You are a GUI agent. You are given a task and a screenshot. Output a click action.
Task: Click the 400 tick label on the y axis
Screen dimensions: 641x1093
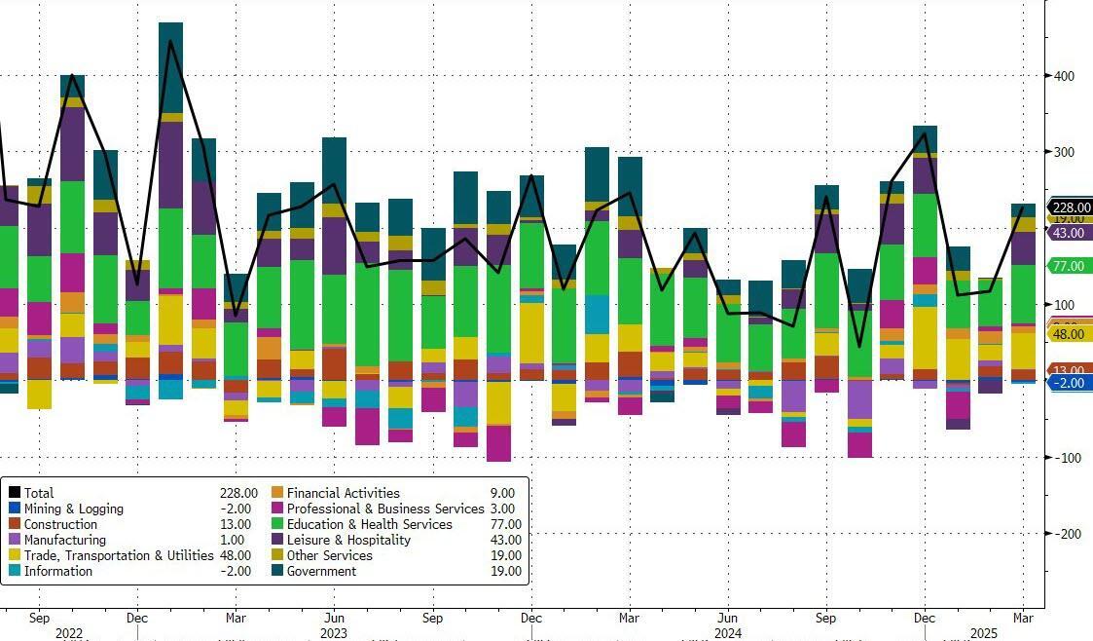1064,75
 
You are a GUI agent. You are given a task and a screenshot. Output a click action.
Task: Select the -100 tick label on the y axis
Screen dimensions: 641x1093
1064,457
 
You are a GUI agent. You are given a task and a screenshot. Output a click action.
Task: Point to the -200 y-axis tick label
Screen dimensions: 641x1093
1064,533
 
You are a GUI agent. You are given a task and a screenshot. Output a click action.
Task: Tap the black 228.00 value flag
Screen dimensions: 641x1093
1070,207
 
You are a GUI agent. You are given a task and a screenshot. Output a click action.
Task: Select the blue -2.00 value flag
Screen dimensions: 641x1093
1070,383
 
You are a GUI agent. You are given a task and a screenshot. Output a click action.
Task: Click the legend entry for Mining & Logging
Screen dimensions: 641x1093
74,509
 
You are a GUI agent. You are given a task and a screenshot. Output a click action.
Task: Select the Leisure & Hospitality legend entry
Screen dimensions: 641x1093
347,540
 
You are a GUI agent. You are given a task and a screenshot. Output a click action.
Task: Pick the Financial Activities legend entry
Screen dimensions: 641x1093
343,493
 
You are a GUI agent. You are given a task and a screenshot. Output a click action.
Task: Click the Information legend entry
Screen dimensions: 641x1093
58,571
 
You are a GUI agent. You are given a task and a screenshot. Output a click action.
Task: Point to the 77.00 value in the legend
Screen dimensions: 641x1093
504,524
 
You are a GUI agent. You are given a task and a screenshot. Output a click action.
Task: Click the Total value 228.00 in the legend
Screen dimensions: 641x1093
238,493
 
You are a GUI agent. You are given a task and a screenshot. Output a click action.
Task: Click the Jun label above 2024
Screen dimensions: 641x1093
727,618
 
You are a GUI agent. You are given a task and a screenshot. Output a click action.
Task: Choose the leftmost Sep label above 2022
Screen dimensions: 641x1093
39,618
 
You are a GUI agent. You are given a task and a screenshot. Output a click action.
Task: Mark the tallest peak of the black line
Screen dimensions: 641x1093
171,41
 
